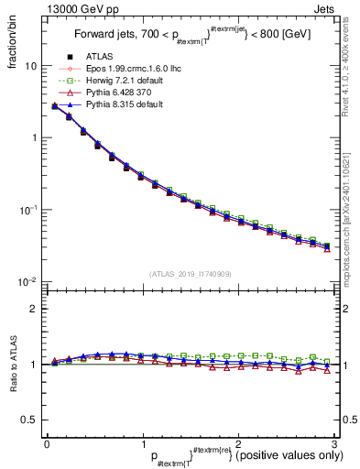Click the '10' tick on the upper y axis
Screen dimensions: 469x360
pos(30,66)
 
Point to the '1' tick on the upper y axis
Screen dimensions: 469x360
pos(33,137)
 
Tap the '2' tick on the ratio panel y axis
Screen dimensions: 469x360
pos(33,309)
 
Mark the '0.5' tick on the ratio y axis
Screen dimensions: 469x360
pos(29,420)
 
